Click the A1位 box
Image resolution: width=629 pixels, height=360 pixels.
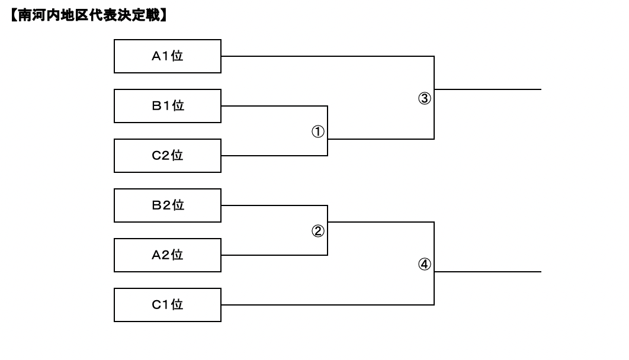pos(167,56)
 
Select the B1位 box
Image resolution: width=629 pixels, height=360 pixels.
pos(167,106)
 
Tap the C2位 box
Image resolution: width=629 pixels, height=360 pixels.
pos(167,156)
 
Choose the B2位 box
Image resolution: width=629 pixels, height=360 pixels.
pos(167,205)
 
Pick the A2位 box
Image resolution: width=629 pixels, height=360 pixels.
pos(167,255)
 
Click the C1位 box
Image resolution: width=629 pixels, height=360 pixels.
pos(167,305)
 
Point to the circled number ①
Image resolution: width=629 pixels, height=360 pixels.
pos(318,131)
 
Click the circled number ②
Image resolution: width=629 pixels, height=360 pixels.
pos(318,231)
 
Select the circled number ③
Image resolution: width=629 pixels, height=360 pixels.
pos(425,98)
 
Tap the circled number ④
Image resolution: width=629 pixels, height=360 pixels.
pos(425,264)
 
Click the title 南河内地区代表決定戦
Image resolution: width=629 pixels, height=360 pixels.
pos(89,15)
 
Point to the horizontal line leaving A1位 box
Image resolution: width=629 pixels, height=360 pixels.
pos(328,56)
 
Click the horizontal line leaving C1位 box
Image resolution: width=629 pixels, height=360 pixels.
pos(328,305)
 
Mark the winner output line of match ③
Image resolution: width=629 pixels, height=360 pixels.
pos(487,89)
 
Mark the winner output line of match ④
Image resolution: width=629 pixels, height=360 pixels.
pos(487,271)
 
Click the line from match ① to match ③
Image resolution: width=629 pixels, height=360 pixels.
pos(381,139)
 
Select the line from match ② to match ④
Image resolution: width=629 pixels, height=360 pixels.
pos(381,221)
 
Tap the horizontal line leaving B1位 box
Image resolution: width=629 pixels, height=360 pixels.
pos(274,106)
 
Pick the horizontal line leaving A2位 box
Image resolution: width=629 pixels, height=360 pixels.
pos(274,255)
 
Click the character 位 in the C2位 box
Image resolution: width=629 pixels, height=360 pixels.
pos(177,155)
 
